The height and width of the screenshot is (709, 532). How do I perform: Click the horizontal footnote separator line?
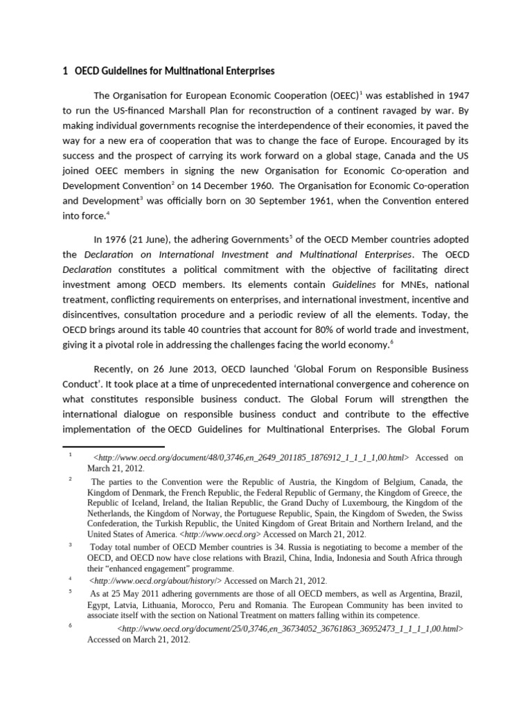(114, 447)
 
